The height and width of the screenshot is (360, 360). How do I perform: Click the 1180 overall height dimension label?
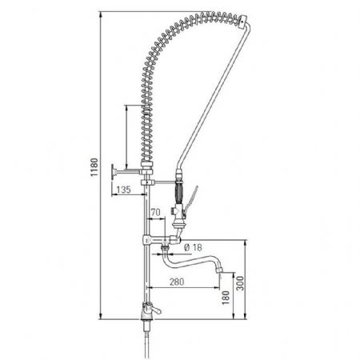94,167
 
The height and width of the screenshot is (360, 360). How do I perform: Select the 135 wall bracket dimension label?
124,190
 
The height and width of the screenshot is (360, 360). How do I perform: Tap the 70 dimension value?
156,212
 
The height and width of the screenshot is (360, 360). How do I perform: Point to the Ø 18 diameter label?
193,247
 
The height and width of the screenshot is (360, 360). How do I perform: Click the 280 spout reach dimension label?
177,282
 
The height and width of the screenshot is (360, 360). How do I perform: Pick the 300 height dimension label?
240,283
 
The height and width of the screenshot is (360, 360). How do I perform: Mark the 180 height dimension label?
226,298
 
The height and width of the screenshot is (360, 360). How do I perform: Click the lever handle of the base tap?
154,310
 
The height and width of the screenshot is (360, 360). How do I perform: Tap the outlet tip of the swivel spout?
218,270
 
